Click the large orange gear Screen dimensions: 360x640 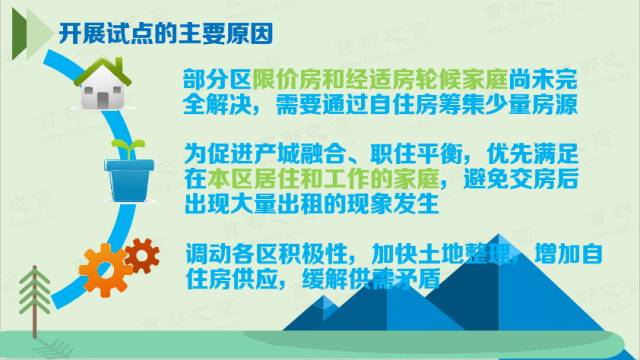[x=103, y=265]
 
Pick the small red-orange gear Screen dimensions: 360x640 [x=142, y=255]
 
